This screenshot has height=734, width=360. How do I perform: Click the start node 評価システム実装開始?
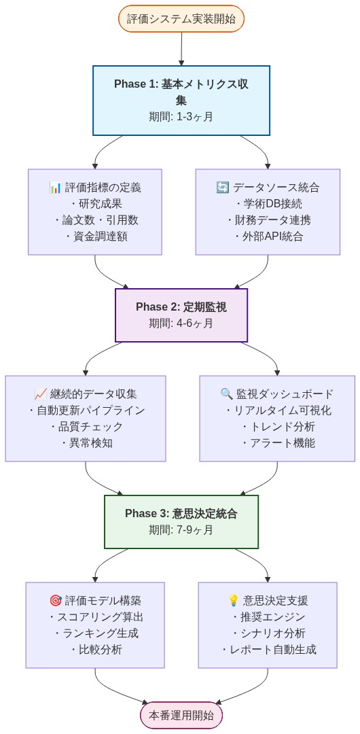(x=181, y=18)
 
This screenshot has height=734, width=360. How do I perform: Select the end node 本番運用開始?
(x=181, y=715)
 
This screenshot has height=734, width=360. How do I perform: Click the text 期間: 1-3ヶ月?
(x=181, y=116)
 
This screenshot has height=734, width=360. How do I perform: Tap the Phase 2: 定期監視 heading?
(x=181, y=307)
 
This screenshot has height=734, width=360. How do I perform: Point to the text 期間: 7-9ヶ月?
(x=181, y=529)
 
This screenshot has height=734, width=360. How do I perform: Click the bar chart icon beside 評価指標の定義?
(x=55, y=188)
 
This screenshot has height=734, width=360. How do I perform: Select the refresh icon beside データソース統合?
(x=222, y=188)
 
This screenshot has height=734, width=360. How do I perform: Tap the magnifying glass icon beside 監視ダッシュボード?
(x=227, y=394)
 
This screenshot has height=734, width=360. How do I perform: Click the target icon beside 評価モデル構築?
(x=56, y=600)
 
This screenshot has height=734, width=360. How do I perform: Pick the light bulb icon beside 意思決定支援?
(x=234, y=600)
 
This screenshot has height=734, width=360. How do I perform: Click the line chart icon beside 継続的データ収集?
(x=40, y=394)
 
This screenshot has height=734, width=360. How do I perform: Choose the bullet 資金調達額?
(x=95, y=237)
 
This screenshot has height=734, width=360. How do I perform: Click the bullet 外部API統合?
(x=268, y=237)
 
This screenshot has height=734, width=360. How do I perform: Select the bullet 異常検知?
(x=86, y=443)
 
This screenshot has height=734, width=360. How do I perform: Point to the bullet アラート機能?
(x=277, y=443)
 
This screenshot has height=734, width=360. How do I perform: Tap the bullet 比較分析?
(x=95, y=650)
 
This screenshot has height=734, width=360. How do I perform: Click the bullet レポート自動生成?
(x=268, y=650)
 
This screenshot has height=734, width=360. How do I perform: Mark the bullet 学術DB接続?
(x=268, y=204)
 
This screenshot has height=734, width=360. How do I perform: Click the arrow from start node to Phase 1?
(x=181, y=48)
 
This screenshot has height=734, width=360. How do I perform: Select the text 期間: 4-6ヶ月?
(x=181, y=323)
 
